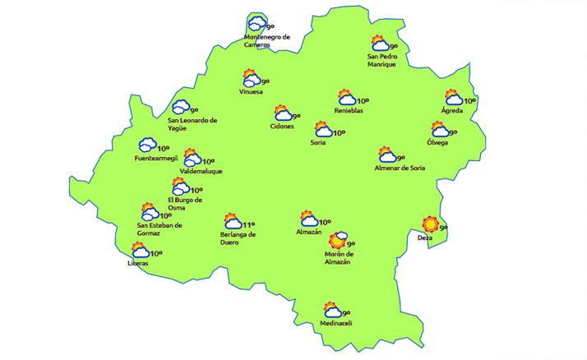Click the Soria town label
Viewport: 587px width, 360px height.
318,143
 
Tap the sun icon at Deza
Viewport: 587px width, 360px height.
430,224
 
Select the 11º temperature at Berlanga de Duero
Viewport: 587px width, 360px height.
249,224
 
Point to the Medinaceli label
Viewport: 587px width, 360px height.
336,324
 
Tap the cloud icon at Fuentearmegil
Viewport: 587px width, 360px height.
148,145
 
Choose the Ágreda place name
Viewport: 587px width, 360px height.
452,110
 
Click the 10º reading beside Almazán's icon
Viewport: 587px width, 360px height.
325,222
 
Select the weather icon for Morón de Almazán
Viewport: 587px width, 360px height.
337,241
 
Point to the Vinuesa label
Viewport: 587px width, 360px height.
251,91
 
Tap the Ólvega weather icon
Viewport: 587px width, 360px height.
440,130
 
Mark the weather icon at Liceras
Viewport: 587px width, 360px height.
141,251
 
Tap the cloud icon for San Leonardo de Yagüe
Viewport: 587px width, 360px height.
180,108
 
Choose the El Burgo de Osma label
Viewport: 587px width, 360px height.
185,204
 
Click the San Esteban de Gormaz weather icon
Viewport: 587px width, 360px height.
150,211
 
